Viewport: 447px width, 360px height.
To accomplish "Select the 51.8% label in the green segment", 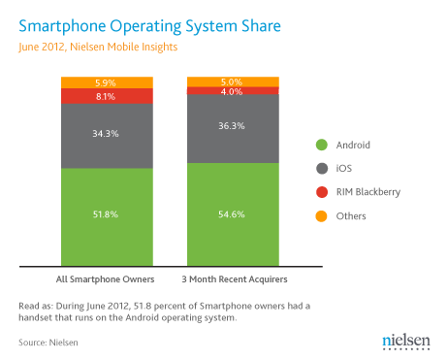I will coord(107,214).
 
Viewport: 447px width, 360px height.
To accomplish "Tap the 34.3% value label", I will coord(107,134).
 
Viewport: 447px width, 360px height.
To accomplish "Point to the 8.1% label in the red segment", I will coord(107,96).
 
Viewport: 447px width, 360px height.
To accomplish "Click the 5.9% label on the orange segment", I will coord(107,82).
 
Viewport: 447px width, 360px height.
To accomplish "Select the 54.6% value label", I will coord(232,211).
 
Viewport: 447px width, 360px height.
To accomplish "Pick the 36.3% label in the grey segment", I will coord(232,126).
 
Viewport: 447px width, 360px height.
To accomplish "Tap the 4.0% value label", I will coord(232,91).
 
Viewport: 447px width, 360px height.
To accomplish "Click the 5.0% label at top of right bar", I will coord(232,82).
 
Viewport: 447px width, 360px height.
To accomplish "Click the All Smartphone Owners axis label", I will coord(106,279).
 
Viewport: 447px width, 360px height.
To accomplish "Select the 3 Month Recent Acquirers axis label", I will coord(232,279).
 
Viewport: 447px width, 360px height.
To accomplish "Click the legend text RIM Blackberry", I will coord(367,192).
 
